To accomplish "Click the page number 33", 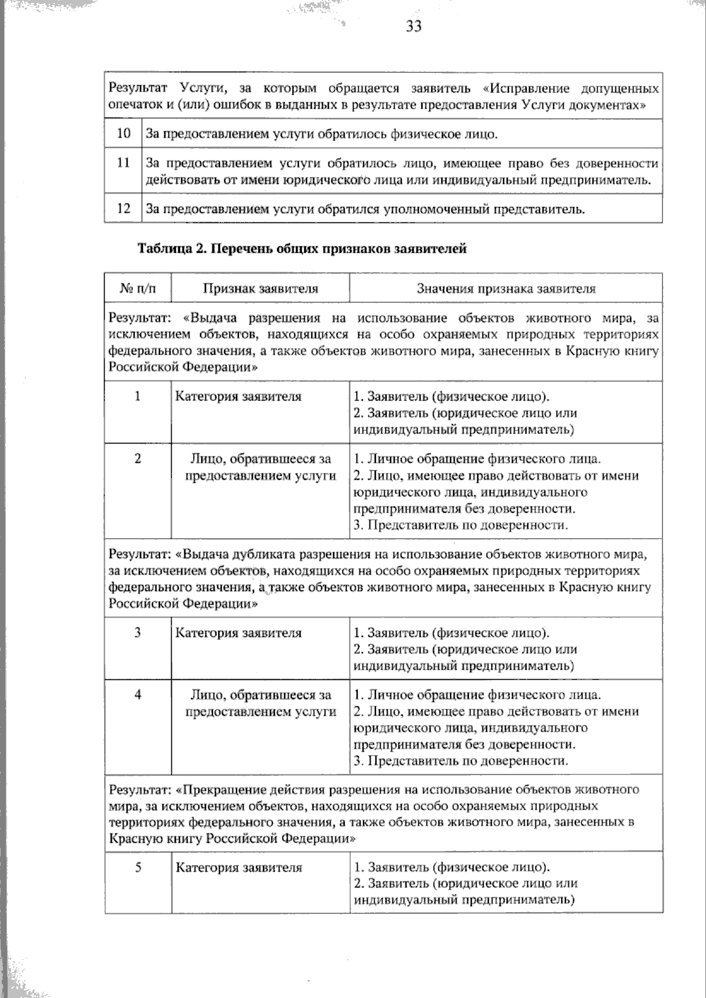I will click(x=414, y=26).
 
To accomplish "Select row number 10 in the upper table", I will click(x=124, y=133).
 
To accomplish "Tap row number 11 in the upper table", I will click(x=124, y=163).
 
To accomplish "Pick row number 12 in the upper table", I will click(x=124, y=208).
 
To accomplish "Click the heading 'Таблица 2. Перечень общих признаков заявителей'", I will click(x=302, y=249).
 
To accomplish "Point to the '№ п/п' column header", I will click(x=138, y=288).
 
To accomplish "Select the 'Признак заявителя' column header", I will click(x=260, y=288).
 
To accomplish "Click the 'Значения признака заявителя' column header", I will click(x=506, y=288).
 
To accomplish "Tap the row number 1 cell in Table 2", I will click(x=138, y=396).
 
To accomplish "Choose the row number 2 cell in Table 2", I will click(x=138, y=459).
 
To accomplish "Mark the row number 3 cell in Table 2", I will click(x=138, y=633).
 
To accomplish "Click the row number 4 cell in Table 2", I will click(x=138, y=695).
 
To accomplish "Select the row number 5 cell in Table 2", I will click(x=138, y=867).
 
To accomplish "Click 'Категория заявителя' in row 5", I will click(x=239, y=867).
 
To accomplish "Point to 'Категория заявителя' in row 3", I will click(x=238, y=633).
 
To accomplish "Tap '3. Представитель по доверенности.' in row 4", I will click(x=461, y=761).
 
